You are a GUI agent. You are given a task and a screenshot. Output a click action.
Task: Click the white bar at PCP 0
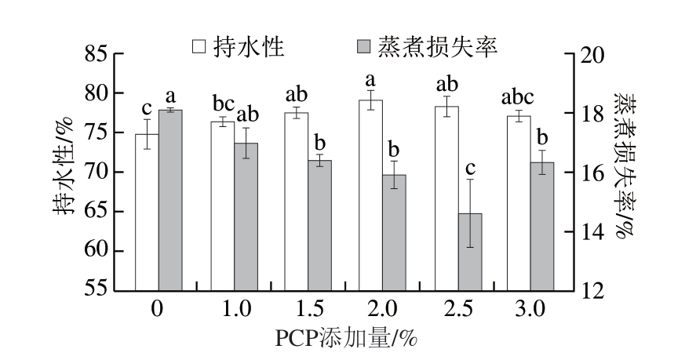pyautogui.click(x=147, y=212)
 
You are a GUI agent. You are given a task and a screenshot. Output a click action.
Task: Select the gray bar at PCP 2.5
pyautogui.click(x=469, y=252)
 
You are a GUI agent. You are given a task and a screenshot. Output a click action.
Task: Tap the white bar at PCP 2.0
pyautogui.click(x=370, y=195)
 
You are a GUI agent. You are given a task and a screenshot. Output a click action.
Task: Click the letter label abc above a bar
pyautogui.click(x=517, y=98)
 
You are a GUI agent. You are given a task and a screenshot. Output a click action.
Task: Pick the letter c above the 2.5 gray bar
pyautogui.click(x=469, y=169)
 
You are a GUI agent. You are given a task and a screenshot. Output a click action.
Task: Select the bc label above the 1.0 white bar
pyautogui.click(x=223, y=104)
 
